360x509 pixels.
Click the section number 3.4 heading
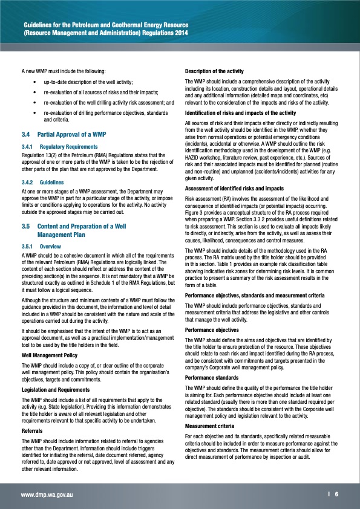25,133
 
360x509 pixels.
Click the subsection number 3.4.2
28,181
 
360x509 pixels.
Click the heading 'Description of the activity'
214,72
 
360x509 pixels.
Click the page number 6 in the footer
336,494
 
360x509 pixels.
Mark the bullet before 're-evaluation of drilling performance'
36,113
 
